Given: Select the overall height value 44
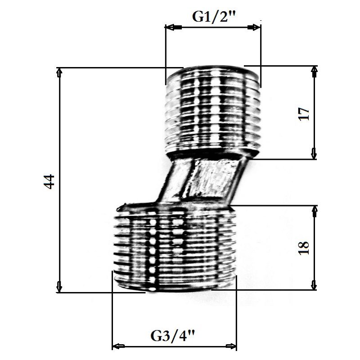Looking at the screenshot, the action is (x=49, y=181).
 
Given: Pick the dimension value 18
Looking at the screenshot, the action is (x=303, y=247).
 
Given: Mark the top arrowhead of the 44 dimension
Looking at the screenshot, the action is (x=59, y=73).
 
